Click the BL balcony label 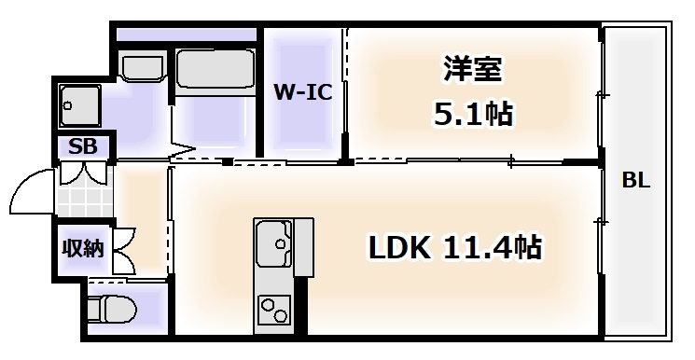(636, 182)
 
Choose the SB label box (82, 146)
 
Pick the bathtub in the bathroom (214, 69)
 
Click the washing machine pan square (78, 104)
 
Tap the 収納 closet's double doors (124, 248)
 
